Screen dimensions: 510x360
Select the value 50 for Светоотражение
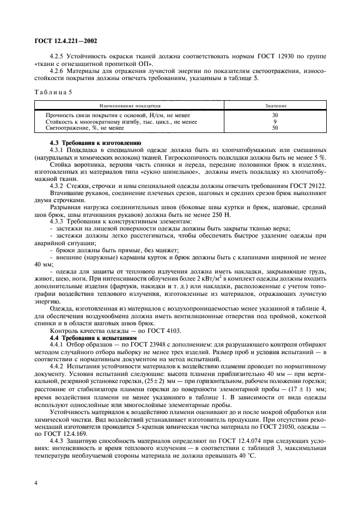pyautogui.click(x=274, y=128)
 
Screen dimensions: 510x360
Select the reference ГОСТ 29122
pyautogui.click(x=308, y=186)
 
